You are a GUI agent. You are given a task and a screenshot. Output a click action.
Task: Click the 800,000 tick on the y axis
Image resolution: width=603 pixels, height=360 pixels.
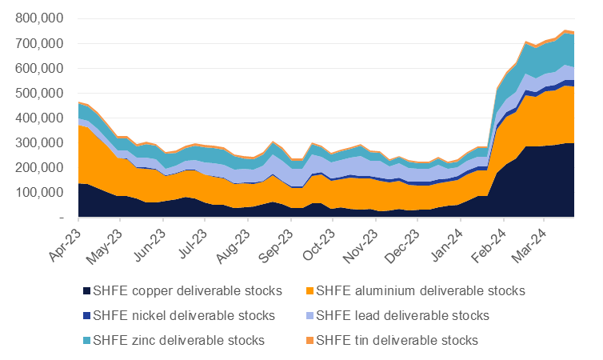[x=44, y=19]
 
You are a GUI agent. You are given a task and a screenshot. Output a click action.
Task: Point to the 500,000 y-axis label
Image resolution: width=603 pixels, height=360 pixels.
[x=44, y=94]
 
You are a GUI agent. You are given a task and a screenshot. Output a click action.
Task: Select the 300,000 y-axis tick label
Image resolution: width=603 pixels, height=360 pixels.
[x=44, y=143]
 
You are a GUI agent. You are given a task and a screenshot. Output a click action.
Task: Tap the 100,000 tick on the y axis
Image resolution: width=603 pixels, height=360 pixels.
[x=44, y=193]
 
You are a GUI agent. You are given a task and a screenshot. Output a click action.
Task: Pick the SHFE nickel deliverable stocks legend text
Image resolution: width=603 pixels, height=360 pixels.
[x=184, y=315]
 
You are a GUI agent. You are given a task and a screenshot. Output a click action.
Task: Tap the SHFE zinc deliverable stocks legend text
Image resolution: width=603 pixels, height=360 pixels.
[x=179, y=340]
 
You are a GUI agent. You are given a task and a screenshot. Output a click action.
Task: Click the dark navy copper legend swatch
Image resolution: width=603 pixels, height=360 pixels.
[x=85, y=290]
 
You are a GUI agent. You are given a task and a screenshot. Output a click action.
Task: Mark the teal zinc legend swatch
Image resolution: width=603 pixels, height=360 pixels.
[x=85, y=340]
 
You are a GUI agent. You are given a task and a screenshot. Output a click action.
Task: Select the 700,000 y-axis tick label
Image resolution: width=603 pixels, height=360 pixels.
[x=44, y=44]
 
